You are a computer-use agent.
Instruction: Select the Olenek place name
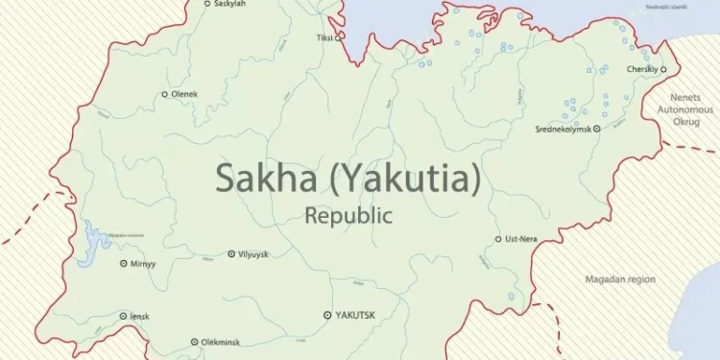point(184,94)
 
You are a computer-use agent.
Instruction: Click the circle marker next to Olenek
point(164,94)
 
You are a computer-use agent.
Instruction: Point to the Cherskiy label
point(642,69)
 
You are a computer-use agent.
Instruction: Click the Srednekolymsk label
point(563,128)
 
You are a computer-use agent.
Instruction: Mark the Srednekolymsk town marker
point(596,128)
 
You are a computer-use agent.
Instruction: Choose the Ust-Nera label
point(520,239)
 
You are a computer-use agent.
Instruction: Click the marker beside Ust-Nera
point(497,239)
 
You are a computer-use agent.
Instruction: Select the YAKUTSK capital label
point(353,315)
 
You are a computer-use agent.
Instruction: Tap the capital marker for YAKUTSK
point(327,315)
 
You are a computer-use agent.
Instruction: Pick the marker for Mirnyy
point(123,263)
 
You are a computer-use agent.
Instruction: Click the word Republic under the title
point(348,215)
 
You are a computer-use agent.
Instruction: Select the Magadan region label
point(620,279)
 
